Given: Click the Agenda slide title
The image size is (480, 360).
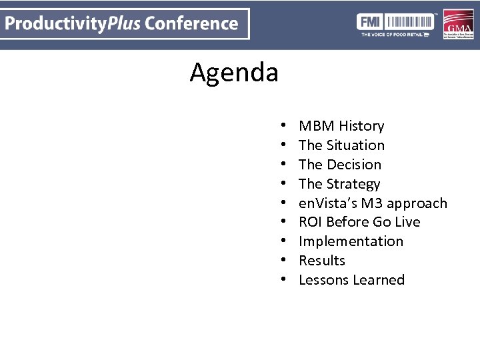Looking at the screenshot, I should (234, 72).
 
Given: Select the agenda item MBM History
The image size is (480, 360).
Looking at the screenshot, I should (341, 126).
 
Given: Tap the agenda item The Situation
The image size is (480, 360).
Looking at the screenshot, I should (341, 145).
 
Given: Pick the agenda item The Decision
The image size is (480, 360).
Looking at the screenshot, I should (340, 165).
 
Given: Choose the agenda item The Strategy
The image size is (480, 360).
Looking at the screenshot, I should (339, 184).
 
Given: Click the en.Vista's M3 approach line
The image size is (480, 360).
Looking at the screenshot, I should (373, 203).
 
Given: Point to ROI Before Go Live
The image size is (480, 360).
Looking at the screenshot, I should (359, 222).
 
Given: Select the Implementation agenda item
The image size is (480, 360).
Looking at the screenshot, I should (351, 241).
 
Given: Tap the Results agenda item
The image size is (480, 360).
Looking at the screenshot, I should (322, 261).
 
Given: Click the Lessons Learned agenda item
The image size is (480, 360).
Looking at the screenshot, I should (351, 280).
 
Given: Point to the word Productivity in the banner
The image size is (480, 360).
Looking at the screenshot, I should (56, 24).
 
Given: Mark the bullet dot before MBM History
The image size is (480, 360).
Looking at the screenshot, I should (283, 126).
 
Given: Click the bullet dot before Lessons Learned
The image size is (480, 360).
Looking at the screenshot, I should (283, 280).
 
